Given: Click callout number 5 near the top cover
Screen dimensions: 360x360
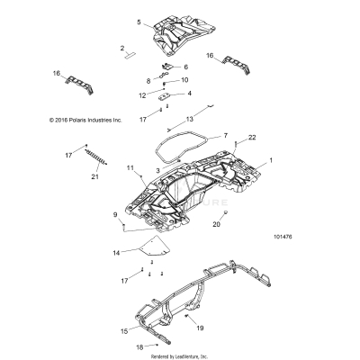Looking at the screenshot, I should pos(139,22).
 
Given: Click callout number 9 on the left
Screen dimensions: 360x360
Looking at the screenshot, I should pos(115,213).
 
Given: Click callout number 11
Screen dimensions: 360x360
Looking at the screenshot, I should pos(130,168).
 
